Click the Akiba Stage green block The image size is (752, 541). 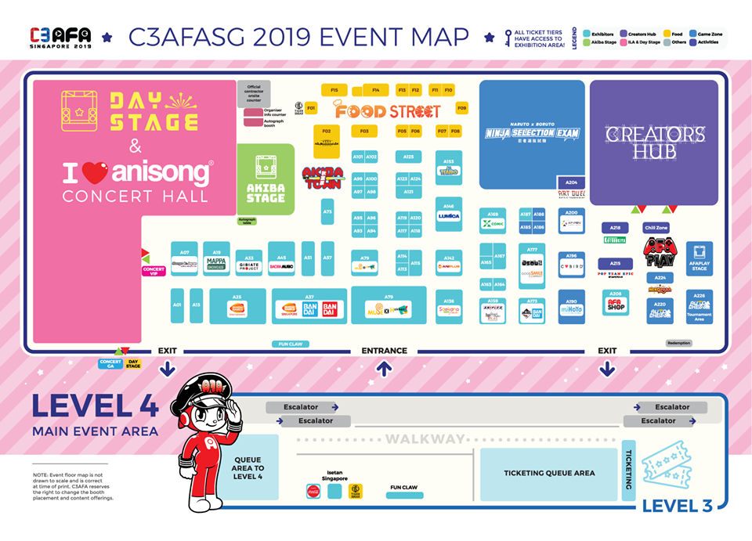pos(266,179)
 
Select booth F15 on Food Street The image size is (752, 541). pos(334,90)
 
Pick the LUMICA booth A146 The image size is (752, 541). pos(449,213)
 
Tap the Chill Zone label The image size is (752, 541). pos(655,228)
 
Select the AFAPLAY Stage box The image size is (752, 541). pos(700,259)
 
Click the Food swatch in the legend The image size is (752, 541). pos(667,34)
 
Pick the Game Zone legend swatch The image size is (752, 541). pos(692,34)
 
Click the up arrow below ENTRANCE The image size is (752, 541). pos(384,369)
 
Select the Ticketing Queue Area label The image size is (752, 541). pos(548,473)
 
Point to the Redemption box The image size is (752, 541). pos(679,343)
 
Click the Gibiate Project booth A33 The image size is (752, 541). pos(248,263)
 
